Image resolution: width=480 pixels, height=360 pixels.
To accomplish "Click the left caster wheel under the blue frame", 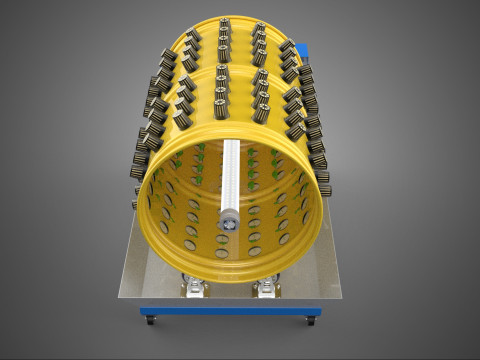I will pos(150,320).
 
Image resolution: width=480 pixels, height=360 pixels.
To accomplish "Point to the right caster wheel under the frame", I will pos(311,321).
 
